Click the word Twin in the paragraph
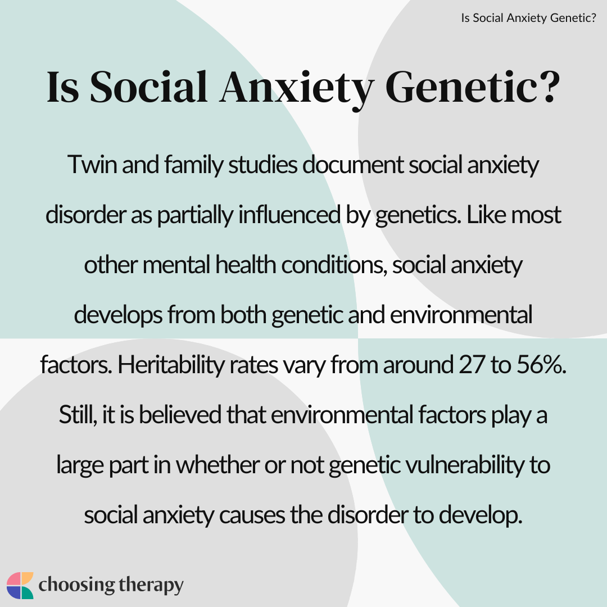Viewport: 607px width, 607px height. [x=92, y=165]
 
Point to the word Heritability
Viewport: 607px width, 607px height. [x=171, y=365]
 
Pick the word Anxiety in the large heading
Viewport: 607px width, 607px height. [x=297, y=88]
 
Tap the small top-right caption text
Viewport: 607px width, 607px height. [x=528, y=18]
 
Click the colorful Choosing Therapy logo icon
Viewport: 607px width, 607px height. [x=20, y=585]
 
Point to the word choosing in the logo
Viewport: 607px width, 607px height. [x=76, y=585]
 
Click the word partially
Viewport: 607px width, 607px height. [x=195, y=215]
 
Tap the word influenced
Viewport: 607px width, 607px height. [x=289, y=215]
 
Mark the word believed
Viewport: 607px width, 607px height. [x=180, y=415]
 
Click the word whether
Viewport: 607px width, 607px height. [x=218, y=465]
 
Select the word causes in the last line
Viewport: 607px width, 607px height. [x=252, y=515]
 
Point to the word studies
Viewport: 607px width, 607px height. [x=262, y=165]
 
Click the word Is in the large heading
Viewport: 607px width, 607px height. [x=63, y=87]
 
